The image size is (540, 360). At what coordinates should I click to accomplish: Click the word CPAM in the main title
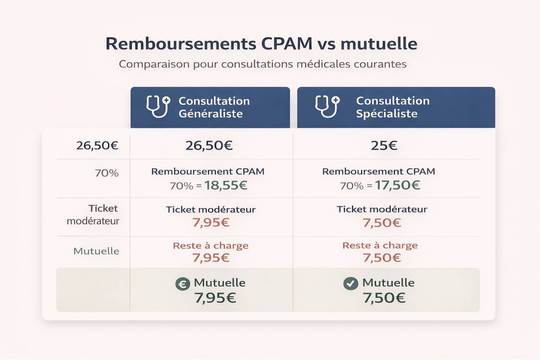coord(287,44)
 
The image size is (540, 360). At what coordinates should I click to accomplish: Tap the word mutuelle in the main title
coord(379,44)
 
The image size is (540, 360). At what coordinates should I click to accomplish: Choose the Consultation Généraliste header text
coord(214,107)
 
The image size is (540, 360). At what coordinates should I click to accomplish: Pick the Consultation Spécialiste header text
coord(392,107)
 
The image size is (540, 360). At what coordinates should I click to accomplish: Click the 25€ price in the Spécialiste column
coord(384,146)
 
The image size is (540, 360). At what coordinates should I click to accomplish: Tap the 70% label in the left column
coord(107,173)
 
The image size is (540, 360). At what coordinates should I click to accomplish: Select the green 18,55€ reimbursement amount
coord(226,185)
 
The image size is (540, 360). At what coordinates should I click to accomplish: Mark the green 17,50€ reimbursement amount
coord(397,185)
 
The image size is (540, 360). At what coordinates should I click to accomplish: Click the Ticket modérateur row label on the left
coord(93,214)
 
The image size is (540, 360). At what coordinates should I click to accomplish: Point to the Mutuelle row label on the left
coord(96,251)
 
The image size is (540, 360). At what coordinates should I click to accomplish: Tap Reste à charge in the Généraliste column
coord(211,245)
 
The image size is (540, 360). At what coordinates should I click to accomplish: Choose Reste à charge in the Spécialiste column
coord(380,245)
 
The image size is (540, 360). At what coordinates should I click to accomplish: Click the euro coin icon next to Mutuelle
coord(182,284)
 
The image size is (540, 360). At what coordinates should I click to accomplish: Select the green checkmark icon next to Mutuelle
coord(351,283)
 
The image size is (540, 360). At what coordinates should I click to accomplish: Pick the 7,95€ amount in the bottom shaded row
coord(215,298)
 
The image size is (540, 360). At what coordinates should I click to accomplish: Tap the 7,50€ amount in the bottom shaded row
coord(384,298)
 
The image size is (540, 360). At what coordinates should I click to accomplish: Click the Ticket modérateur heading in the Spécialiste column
coord(382,209)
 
